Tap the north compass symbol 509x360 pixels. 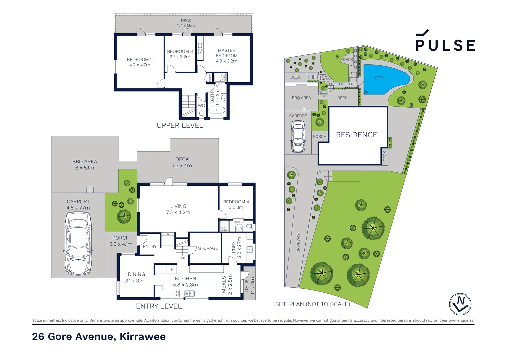coord(460,304)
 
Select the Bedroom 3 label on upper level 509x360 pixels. coord(180,54)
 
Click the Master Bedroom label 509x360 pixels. coord(226,56)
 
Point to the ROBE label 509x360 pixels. coord(200,49)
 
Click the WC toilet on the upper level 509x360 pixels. coord(201,113)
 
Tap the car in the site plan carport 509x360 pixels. coord(298,136)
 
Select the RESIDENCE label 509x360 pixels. coord(356,135)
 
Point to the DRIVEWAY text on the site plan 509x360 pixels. coord(298,243)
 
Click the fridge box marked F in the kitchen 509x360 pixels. coord(172,269)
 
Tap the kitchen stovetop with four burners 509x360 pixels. coord(176,293)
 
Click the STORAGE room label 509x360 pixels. coord(208,248)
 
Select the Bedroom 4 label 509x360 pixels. coord(236,204)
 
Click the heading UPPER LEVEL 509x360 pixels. coord(180,126)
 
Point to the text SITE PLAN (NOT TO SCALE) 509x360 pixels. coord(312,304)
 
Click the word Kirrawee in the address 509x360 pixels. coord(142,337)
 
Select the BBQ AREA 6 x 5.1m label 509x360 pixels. coord(85,165)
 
